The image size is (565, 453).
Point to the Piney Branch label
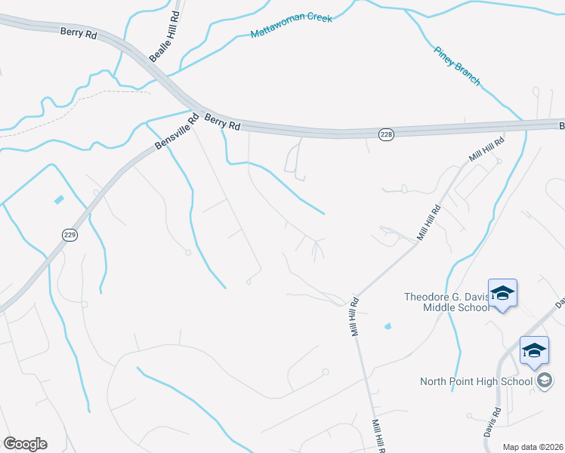[456, 66]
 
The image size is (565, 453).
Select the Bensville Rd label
[175, 132]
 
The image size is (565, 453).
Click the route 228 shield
[386, 134]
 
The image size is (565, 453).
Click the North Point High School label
[476, 381]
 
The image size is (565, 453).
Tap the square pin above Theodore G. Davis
[502, 293]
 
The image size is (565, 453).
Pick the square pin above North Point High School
[534, 350]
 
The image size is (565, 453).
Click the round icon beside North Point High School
[544, 381]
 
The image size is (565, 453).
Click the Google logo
[25, 443]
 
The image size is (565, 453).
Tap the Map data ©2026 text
[533, 447]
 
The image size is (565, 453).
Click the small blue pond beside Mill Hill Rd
[387, 327]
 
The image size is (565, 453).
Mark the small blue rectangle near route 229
[59, 199]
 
